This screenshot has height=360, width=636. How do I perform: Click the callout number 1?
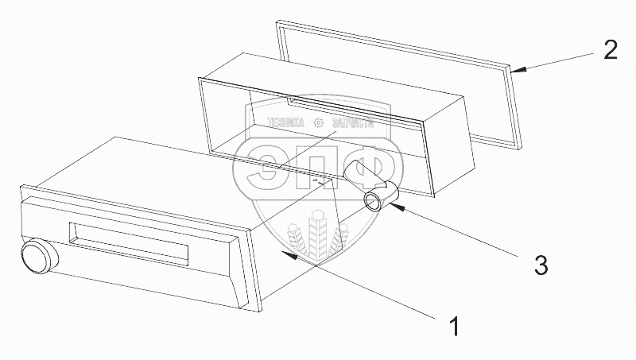click(x=453, y=326)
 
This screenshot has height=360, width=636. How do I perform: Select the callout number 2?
click(x=611, y=52)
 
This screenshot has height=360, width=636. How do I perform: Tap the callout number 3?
click(x=540, y=265)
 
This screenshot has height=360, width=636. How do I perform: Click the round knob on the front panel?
click(x=37, y=257)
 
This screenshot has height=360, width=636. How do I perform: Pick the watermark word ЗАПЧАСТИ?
click(x=349, y=122)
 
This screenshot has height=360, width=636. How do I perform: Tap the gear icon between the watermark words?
click(x=319, y=122)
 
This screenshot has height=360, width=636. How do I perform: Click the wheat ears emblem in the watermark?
click(x=316, y=230)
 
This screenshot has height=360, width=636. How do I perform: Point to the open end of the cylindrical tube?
click(x=374, y=199)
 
